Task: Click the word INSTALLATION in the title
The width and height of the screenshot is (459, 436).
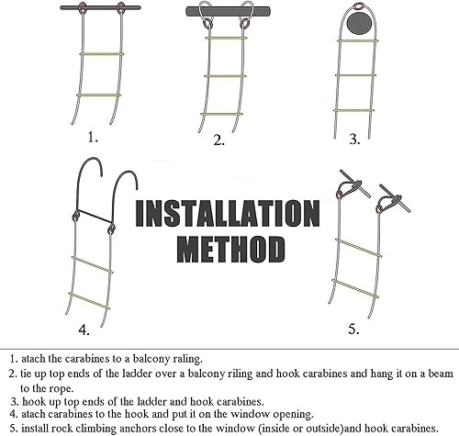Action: click(x=228, y=213)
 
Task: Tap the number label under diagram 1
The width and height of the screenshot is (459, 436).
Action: click(x=93, y=137)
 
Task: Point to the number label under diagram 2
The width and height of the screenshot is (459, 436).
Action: click(x=218, y=140)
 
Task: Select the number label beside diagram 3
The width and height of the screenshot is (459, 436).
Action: click(x=354, y=140)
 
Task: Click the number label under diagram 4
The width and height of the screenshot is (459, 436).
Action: click(x=84, y=330)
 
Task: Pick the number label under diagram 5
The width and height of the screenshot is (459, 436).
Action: click(x=353, y=330)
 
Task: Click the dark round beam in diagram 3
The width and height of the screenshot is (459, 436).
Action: click(x=359, y=24)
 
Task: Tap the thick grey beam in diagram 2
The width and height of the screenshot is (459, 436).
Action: click(x=229, y=11)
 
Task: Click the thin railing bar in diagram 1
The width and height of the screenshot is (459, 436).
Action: click(x=100, y=8)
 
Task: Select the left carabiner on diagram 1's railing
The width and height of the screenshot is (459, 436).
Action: click(x=83, y=8)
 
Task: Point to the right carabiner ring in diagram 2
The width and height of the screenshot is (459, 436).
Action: click(x=244, y=23)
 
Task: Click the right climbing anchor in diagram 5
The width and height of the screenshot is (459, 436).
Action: click(x=395, y=198)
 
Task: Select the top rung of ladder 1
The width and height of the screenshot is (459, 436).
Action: click(x=102, y=54)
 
